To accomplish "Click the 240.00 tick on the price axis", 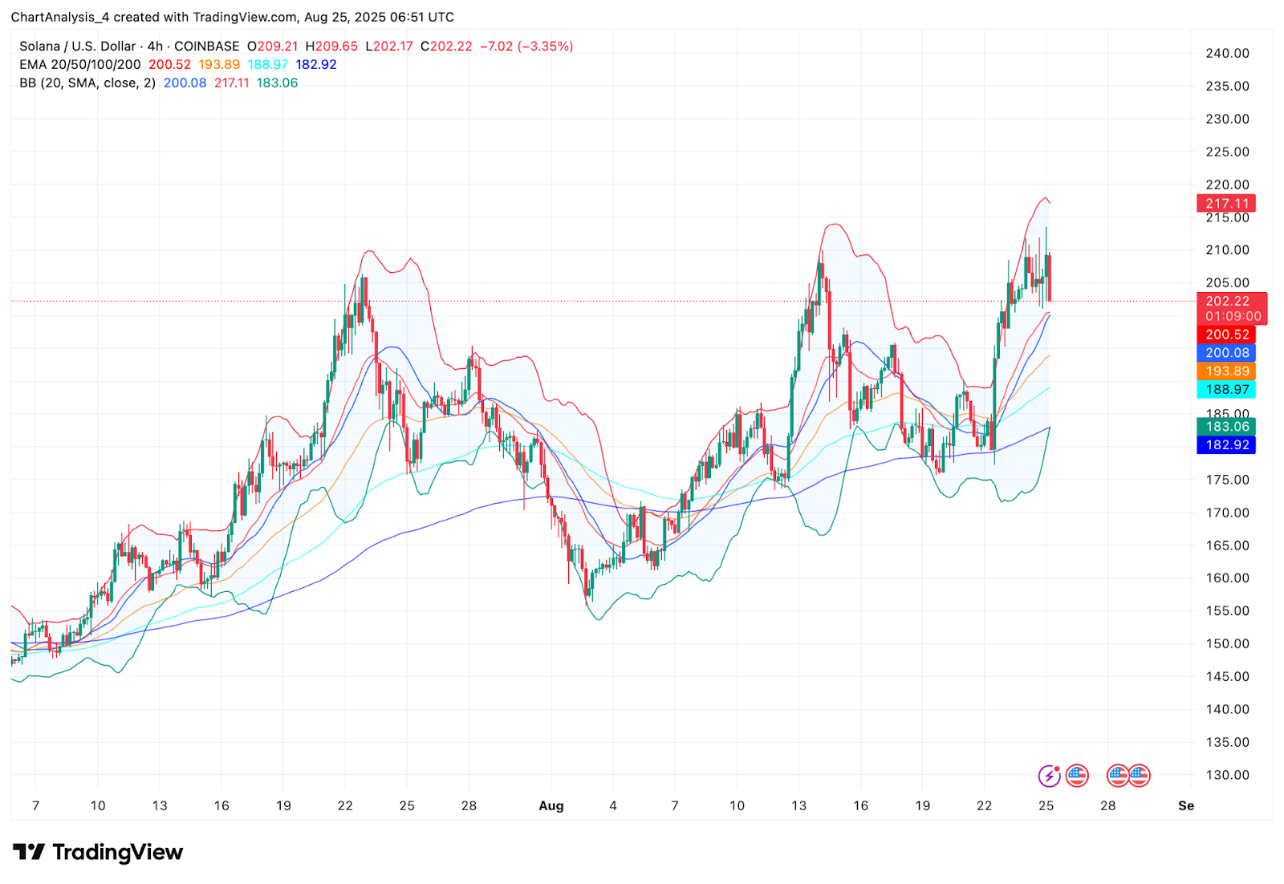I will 1227,53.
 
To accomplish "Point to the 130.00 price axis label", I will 1227,775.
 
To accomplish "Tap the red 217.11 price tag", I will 1226,204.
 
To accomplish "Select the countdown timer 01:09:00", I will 1233,317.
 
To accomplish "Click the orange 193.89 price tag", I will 1226,371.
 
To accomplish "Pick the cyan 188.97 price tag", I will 1226,390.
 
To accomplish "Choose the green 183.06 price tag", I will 1226,427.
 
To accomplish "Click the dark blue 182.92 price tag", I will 1226,445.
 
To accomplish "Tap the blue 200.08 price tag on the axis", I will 1226,353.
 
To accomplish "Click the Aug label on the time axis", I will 551,806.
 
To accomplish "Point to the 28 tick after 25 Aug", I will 1107,806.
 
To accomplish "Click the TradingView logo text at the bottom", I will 117,852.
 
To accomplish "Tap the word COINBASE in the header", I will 206,47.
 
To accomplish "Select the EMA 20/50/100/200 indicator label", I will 80,65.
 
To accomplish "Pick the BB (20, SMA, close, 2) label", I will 87,83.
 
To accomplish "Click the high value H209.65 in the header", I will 331,47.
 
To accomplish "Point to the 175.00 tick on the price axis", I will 1227,480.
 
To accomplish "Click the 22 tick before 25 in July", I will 345,806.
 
